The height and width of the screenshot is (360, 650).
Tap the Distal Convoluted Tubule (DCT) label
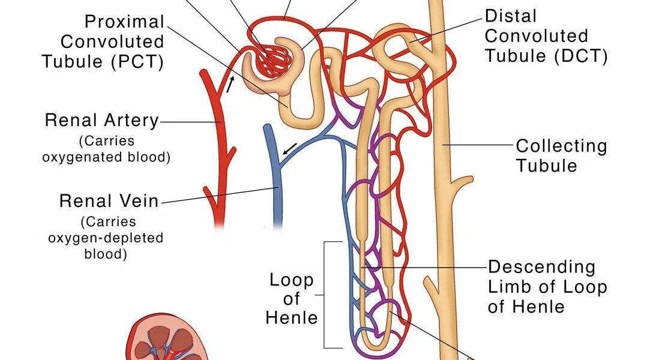(x=546, y=35)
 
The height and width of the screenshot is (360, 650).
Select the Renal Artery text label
(x=101, y=121)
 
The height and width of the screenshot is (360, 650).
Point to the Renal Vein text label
(x=109, y=200)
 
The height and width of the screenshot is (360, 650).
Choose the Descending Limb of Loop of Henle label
(x=547, y=286)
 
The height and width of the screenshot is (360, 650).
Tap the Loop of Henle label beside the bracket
(x=291, y=298)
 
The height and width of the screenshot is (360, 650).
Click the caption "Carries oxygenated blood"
(x=106, y=149)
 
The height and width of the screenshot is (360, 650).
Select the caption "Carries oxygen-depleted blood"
(x=106, y=238)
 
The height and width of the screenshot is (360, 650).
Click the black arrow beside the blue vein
(x=289, y=148)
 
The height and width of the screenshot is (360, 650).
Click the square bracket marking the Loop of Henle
(x=326, y=295)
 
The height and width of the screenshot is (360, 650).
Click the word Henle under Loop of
(x=291, y=317)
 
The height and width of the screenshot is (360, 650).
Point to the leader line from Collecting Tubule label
(x=481, y=145)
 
